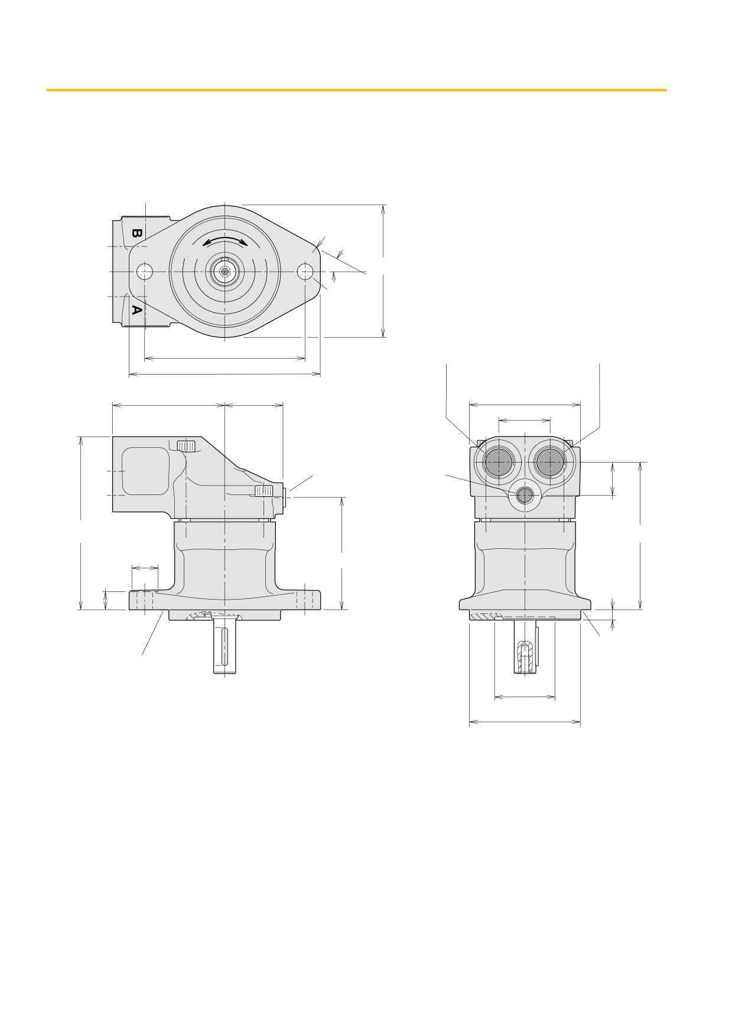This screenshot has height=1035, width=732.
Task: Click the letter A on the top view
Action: click(136, 310)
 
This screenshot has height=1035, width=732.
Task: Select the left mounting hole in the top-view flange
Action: click(144, 272)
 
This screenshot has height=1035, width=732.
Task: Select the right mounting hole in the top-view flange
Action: click(305, 272)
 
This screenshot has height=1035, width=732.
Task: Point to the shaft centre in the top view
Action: click(225, 272)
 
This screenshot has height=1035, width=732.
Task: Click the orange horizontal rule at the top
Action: click(356, 90)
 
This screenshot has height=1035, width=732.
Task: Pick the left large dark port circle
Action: click(498, 462)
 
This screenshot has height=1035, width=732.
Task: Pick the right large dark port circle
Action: click(550, 462)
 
